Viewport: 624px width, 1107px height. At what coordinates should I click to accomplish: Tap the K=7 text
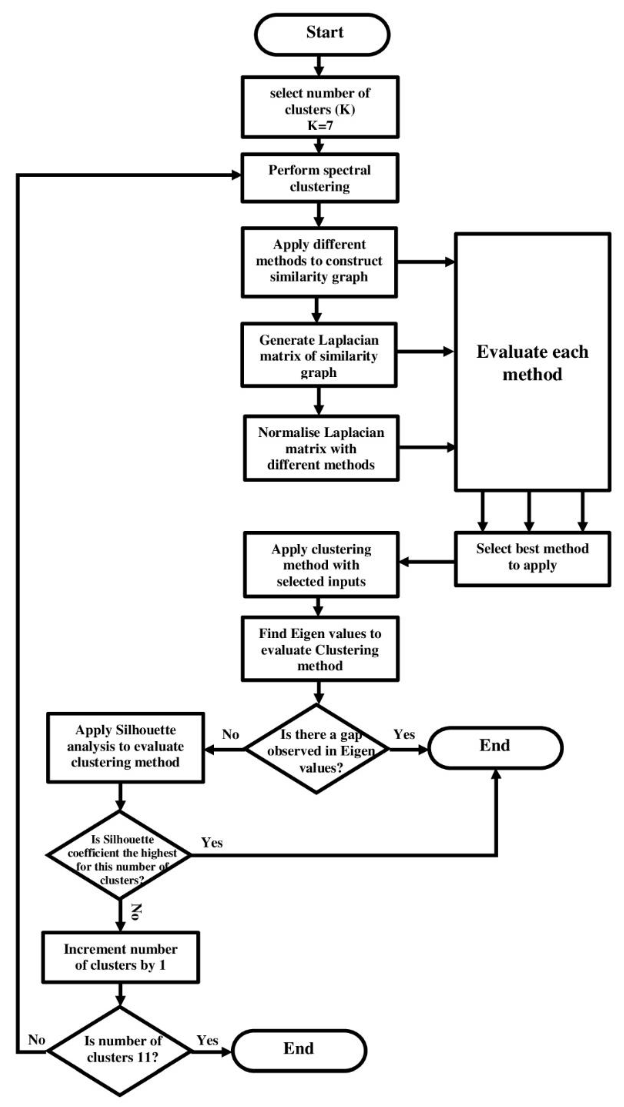[x=320, y=126]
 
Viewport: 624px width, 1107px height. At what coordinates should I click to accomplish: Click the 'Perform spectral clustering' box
[x=320, y=178]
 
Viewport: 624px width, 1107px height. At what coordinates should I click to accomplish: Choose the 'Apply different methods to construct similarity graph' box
[x=319, y=261]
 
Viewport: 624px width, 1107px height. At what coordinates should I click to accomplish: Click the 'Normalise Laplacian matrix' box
[x=321, y=448]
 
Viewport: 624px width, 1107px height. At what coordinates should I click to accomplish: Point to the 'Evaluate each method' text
[x=532, y=363]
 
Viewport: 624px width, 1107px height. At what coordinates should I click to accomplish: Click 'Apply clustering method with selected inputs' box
[x=321, y=565]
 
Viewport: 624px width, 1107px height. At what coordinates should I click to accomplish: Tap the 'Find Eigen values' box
[x=320, y=649]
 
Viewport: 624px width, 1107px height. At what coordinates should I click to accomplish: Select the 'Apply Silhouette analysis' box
[x=125, y=746]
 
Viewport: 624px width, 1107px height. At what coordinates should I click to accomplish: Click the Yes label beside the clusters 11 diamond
[x=207, y=1040]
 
